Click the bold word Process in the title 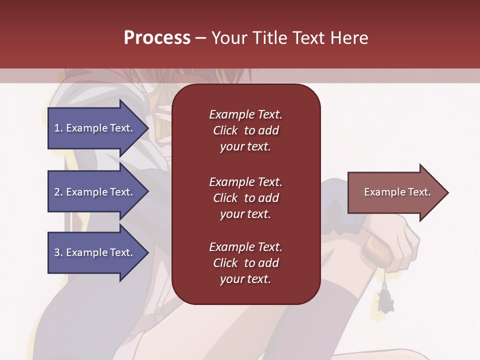pos(157,38)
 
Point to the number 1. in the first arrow pos(58,128)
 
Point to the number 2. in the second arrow pos(58,192)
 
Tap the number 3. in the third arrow pos(58,252)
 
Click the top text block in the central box pos(245,130)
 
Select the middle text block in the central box pos(245,198)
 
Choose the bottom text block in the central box pos(245,263)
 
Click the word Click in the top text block pos(225,130)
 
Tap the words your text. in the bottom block pos(245,279)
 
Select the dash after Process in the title pos(200,38)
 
